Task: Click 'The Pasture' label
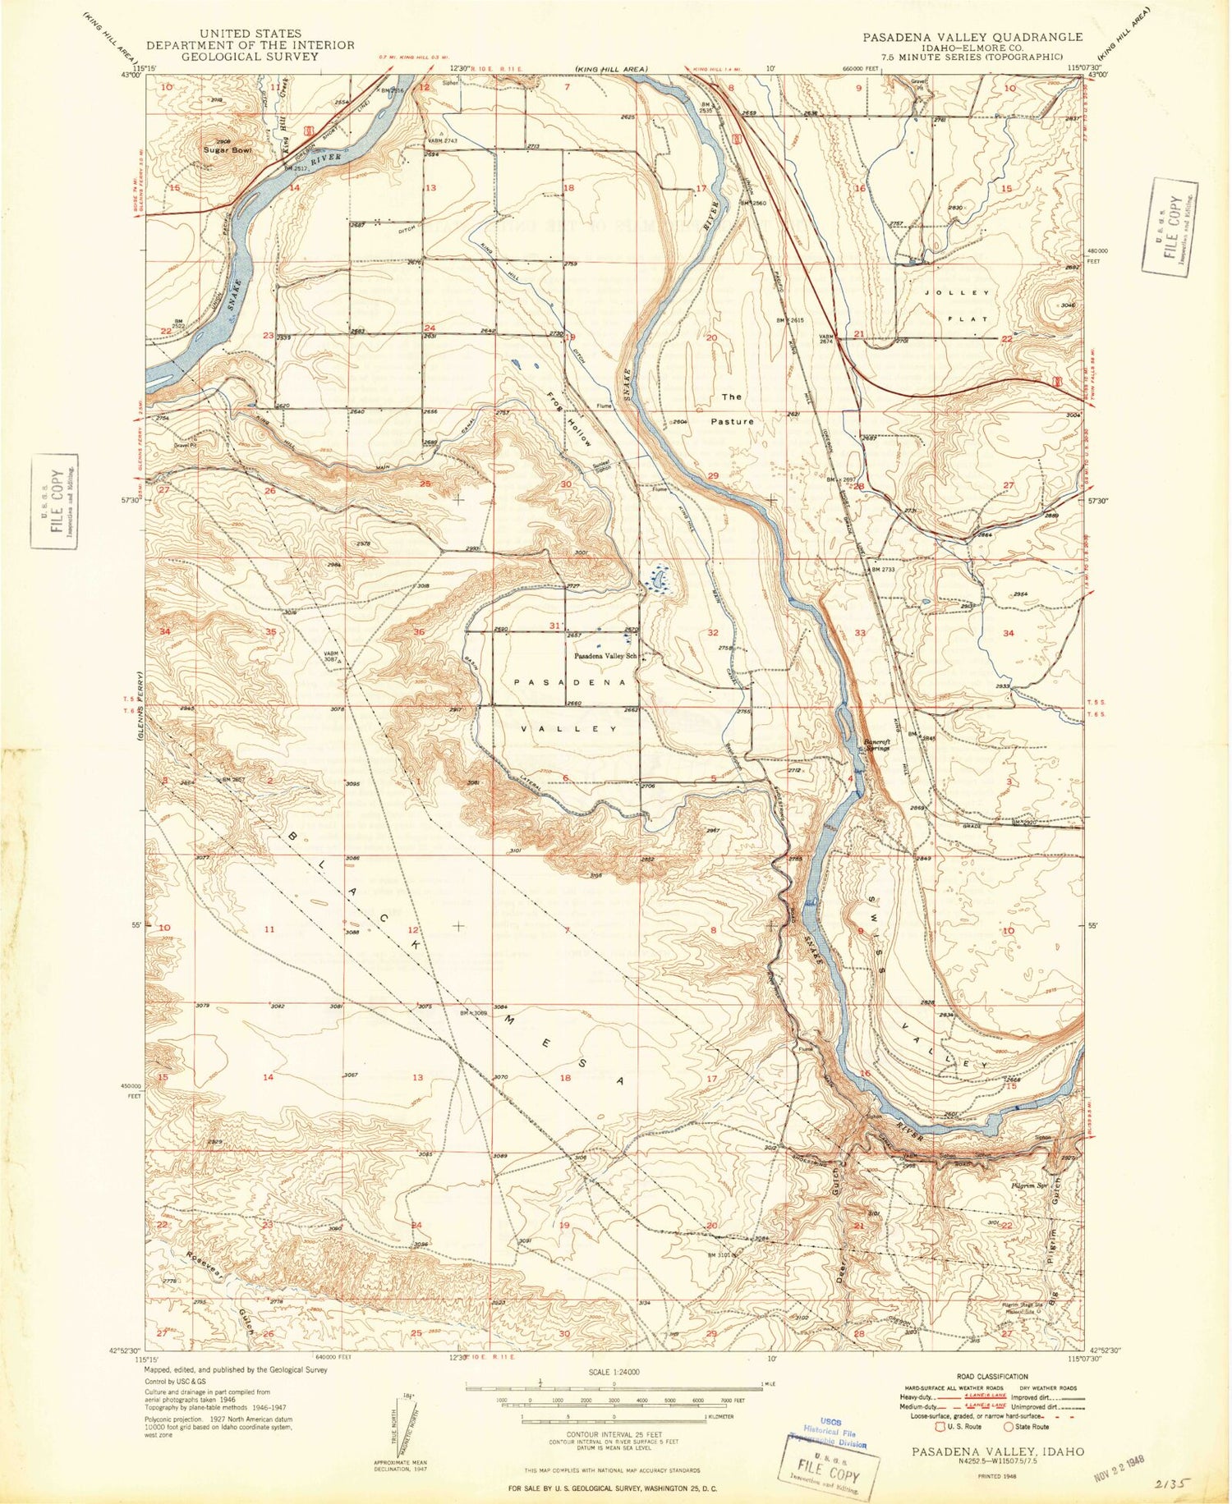tap(732, 409)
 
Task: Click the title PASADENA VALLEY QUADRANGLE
tap(972, 37)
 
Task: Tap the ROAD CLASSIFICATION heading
tap(991, 1377)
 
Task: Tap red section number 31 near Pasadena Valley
tap(555, 626)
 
